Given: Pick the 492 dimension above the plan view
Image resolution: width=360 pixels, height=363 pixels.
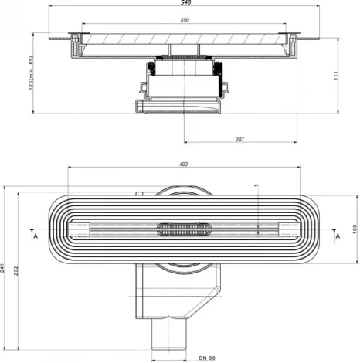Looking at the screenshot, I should coord(183,164).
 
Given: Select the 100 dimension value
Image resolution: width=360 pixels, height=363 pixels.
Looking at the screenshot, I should coord(345,229).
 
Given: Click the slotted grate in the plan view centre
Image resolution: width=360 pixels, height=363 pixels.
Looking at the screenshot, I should coord(183,229).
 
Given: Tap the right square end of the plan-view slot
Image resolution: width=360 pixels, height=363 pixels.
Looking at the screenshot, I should coord(287,228).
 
